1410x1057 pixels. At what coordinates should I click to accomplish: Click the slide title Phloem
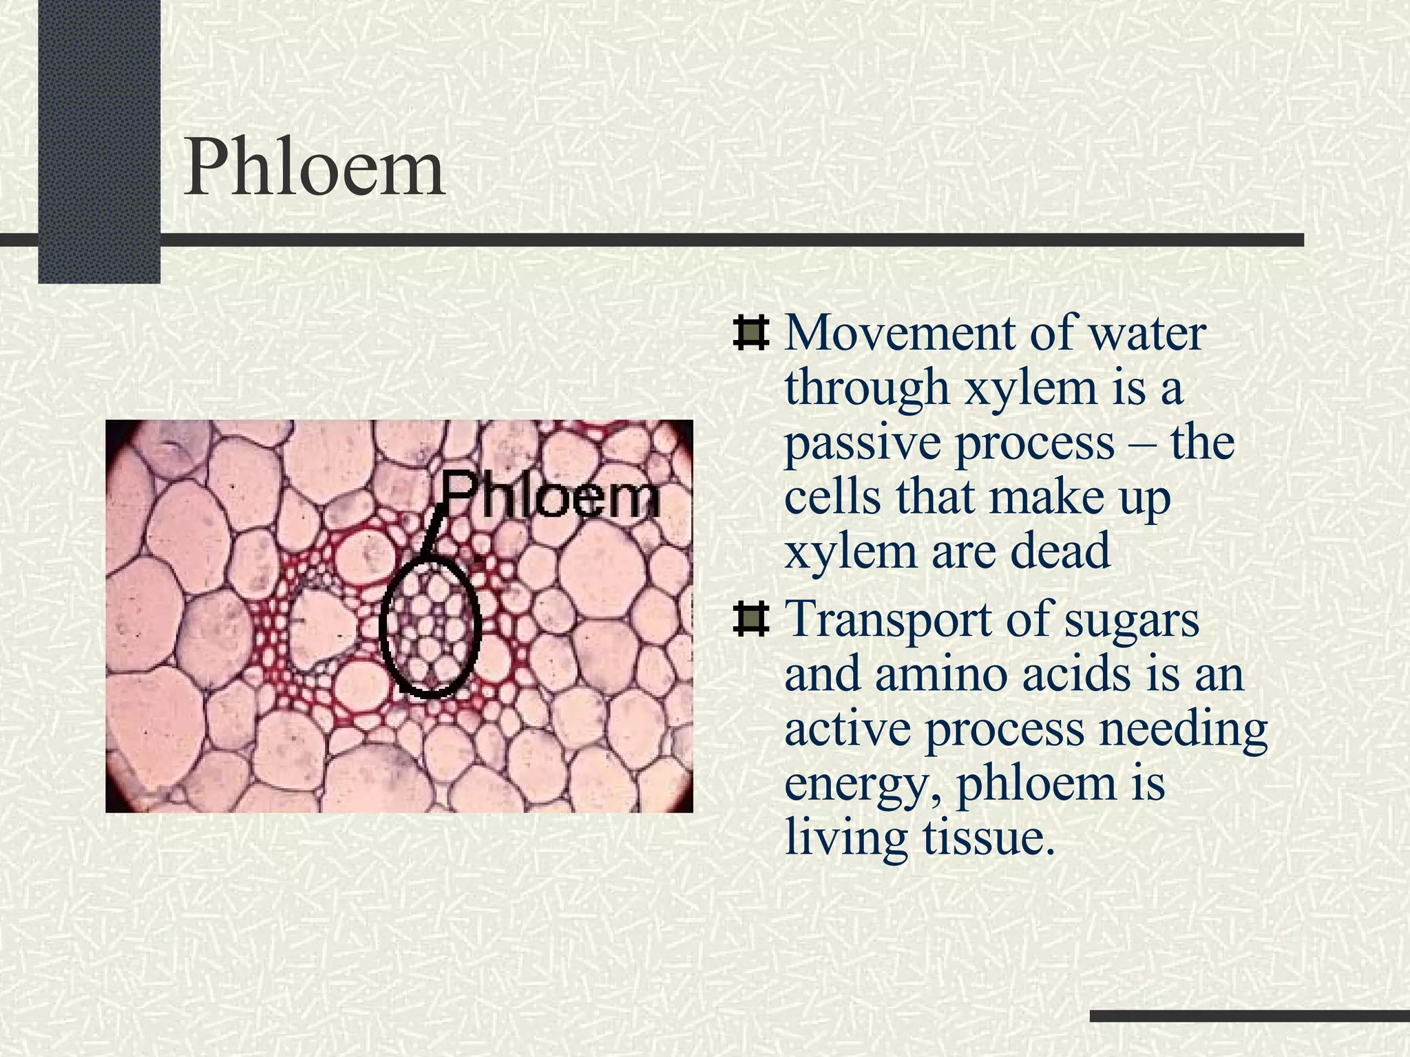point(314,168)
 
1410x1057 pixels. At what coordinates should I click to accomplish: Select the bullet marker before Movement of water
point(750,333)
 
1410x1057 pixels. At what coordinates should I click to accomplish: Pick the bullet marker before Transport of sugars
point(750,617)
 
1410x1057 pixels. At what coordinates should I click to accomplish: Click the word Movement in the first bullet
point(901,333)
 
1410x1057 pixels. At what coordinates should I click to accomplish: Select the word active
point(848,729)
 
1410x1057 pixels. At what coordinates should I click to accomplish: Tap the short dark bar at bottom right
point(1250,1016)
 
